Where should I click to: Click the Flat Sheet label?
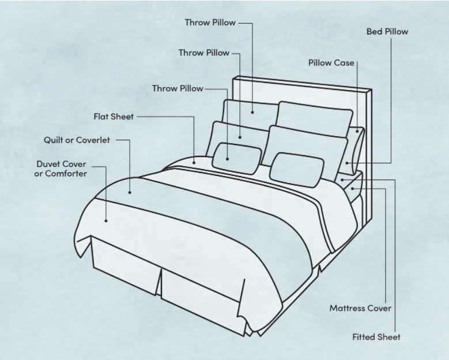point(114,117)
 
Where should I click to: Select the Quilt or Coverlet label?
point(77,140)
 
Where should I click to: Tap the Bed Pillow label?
point(387,32)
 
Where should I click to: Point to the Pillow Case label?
point(331,63)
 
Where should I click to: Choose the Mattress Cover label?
point(360,309)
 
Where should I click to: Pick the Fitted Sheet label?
point(376,337)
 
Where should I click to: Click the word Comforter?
point(66,174)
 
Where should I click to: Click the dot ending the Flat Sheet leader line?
point(194,163)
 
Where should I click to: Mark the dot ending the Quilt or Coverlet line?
point(130,193)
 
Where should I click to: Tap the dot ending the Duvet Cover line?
point(106,221)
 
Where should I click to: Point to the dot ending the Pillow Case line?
point(357,132)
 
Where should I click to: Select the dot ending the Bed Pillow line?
point(347,163)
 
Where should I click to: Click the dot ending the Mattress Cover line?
point(353,189)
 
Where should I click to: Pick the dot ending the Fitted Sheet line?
point(342,180)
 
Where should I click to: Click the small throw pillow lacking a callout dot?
point(297,170)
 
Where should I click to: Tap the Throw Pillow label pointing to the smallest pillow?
point(178,89)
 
